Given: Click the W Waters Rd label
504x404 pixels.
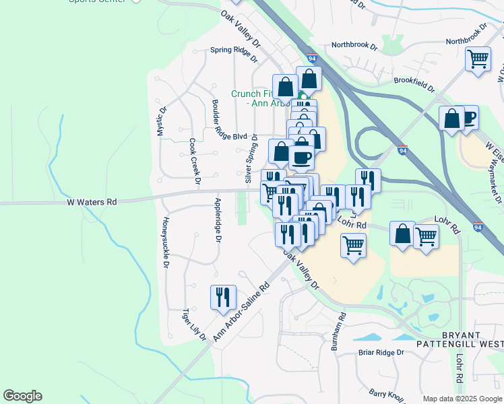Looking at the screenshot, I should [92, 201].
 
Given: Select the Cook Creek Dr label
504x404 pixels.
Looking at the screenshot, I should [194, 162].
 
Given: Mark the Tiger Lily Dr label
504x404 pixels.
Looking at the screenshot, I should [194, 325].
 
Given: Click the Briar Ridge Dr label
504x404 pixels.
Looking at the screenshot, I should [381, 352].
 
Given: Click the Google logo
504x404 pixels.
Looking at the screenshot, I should [22, 396].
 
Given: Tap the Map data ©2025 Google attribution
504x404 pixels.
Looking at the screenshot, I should [462, 399].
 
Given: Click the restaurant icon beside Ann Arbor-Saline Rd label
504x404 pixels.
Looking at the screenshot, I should [222, 298].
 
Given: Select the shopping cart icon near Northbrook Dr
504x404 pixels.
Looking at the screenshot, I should [478, 59].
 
